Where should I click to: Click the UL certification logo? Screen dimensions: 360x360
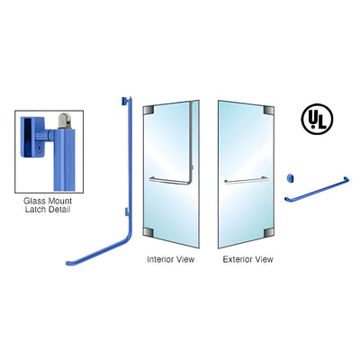tap(317, 119)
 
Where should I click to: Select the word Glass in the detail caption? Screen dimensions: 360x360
tap(34, 201)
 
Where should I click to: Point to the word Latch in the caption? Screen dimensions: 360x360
tap(35, 209)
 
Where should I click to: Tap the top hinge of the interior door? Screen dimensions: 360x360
tap(148, 110)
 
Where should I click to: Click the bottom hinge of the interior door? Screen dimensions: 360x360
tap(148, 232)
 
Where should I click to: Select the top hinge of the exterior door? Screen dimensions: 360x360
tap(269, 110)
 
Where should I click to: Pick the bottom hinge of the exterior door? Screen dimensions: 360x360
tap(269, 232)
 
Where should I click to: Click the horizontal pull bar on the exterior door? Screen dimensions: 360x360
tap(247, 181)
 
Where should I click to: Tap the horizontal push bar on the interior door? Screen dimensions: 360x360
tap(169, 181)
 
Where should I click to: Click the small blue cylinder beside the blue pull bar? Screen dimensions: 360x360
tap(290, 178)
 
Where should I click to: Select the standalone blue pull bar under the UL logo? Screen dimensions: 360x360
tap(317, 190)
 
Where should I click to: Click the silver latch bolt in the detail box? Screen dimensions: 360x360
tap(64, 121)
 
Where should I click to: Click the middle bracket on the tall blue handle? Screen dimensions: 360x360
tap(127, 212)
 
